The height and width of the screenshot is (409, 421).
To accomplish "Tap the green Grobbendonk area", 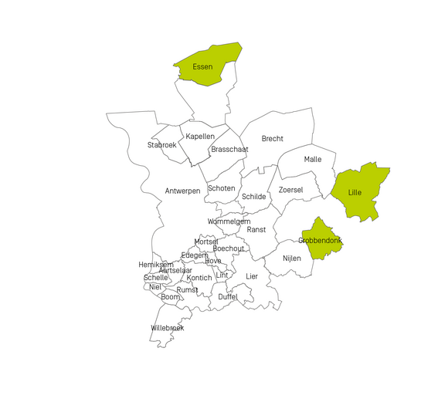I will tap(321, 239).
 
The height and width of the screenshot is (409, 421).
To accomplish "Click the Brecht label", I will tap(272, 139).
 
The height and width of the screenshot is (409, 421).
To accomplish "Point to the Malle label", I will tap(313, 159).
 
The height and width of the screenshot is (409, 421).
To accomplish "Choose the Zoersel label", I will tap(290, 190).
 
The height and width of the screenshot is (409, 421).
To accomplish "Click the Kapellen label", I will tap(200, 137).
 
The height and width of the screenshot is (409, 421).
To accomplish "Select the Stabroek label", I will tap(162, 145).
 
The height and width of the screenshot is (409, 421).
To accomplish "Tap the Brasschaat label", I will tap(229, 150).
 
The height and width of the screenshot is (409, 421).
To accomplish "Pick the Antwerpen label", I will tap(183, 191).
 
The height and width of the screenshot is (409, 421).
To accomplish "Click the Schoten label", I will tap(222, 188).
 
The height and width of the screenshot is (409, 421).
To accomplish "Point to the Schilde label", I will tap(254, 197).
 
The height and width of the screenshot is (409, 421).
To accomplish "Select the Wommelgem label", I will tap(229, 222).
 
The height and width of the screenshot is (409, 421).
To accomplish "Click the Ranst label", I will tap(256, 230).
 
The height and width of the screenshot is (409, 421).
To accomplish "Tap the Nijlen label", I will tap(292, 259).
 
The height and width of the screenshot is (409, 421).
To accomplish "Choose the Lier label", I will tap(252, 276).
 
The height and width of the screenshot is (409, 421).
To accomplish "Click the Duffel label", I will tap(228, 297).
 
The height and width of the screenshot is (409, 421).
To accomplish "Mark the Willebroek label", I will tap(168, 328).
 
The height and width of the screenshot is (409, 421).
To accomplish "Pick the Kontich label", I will tap(199, 278).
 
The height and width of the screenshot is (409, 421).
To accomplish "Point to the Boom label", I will tap(170, 297).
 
